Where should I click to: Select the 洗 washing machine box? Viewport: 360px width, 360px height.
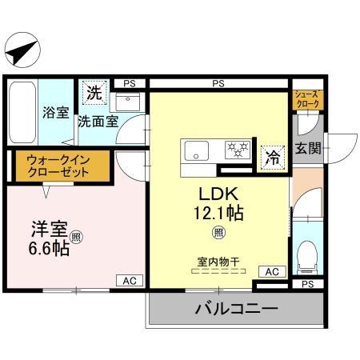tap(94, 93)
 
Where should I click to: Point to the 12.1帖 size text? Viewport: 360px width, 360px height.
tap(217, 214)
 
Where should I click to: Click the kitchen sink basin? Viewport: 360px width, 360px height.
tap(195, 150)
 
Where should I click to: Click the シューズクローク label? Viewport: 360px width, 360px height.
tap(308, 98)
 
